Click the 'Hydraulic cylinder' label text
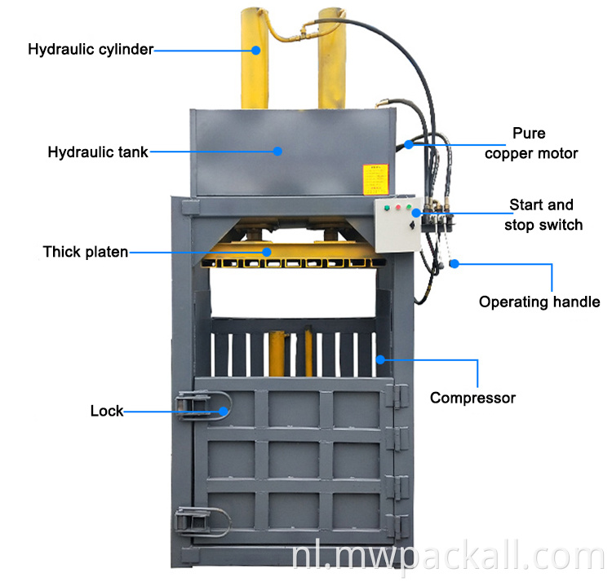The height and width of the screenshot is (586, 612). tap(90, 50)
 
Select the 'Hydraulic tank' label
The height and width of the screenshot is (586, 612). tap(97, 152)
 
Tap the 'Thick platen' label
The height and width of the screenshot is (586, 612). tap(85, 252)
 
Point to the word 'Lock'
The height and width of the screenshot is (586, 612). tap(106, 411)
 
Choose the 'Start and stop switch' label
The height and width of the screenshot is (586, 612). tap(543, 214)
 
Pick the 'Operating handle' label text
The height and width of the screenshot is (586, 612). tap(539, 302)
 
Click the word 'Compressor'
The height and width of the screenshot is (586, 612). tap(472, 398)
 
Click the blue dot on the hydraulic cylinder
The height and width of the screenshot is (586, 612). tap(255, 50)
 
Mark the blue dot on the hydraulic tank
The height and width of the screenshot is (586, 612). tap(277, 151)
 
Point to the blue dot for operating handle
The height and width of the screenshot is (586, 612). tap(455, 263)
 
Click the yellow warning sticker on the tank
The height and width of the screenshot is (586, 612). tap(373, 178)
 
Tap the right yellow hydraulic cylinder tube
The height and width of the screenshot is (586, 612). tap(332, 57)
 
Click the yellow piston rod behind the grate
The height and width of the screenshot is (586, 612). tap(277, 350)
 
